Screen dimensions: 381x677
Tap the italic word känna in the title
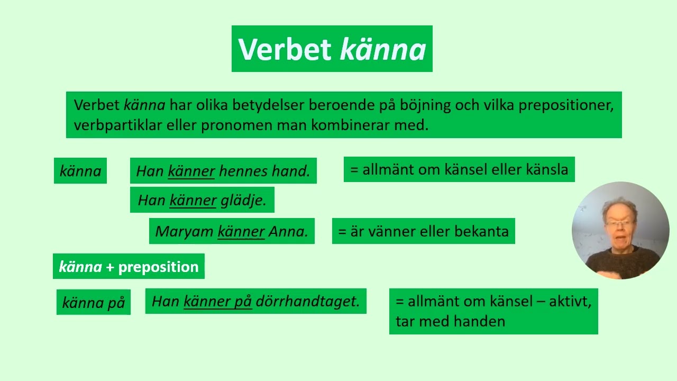(x=383, y=49)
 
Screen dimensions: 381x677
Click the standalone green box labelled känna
(x=80, y=171)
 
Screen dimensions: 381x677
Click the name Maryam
(x=184, y=232)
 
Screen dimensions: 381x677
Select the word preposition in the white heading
(x=158, y=267)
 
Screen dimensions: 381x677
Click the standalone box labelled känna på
(x=94, y=302)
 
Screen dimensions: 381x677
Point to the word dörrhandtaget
(x=307, y=301)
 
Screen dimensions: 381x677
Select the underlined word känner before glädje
(x=193, y=200)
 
